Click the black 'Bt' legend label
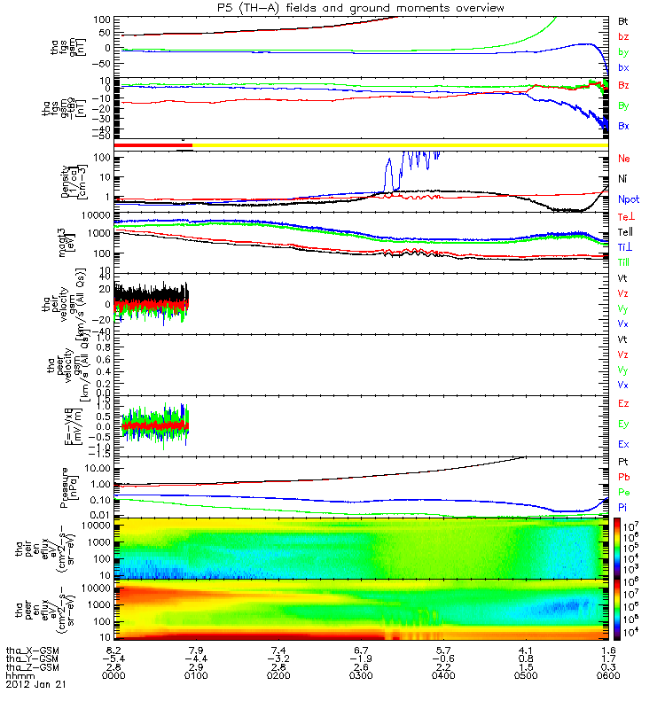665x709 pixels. point(623,19)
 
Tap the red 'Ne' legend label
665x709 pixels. point(623,159)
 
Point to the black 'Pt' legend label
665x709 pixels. point(623,463)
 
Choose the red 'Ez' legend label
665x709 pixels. point(623,404)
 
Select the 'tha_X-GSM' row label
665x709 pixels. point(30,649)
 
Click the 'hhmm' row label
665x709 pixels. point(20,675)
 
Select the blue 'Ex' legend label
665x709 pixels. point(623,443)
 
